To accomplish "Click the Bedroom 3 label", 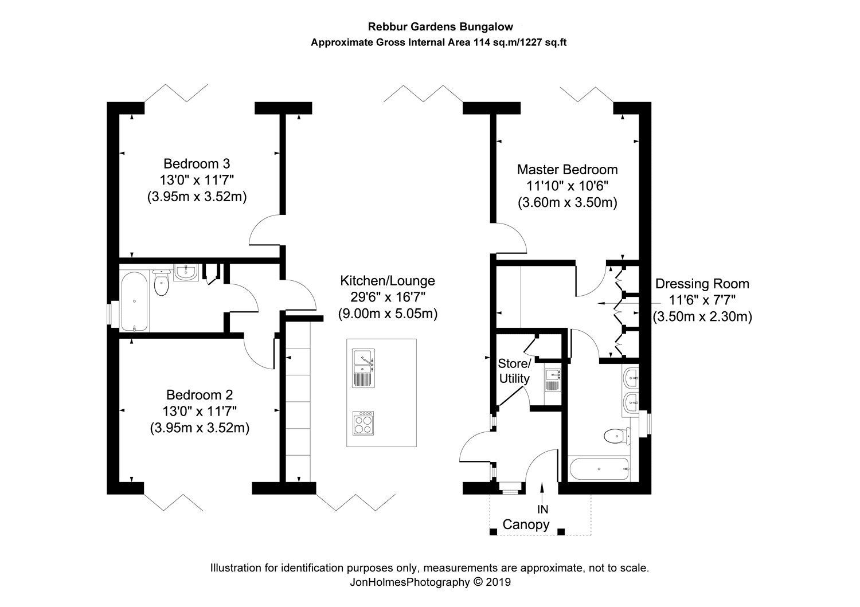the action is click(197, 164).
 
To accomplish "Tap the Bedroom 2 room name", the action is click(200, 395).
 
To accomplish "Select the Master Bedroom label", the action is click(567, 169).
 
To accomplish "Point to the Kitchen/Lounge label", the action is click(388, 281).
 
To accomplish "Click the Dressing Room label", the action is click(702, 284).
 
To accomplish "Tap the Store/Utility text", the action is click(514, 371).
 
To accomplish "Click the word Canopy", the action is click(526, 524).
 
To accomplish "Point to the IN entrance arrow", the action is click(542, 494).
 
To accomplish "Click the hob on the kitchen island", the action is click(363, 423).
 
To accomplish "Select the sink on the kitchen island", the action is click(363, 368).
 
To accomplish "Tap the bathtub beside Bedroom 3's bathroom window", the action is click(134, 301).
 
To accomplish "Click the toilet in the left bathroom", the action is click(161, 283).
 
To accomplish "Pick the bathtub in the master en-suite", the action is click(599, 468).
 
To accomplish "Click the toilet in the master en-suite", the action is click(616, 436).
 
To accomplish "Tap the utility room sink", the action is click(553, 380).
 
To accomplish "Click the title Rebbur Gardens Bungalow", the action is click(440, 26).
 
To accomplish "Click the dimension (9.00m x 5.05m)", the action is click(388, 314).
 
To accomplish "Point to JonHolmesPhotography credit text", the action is click(410, 582).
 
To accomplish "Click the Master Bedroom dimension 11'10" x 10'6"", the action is click(567, 186).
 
